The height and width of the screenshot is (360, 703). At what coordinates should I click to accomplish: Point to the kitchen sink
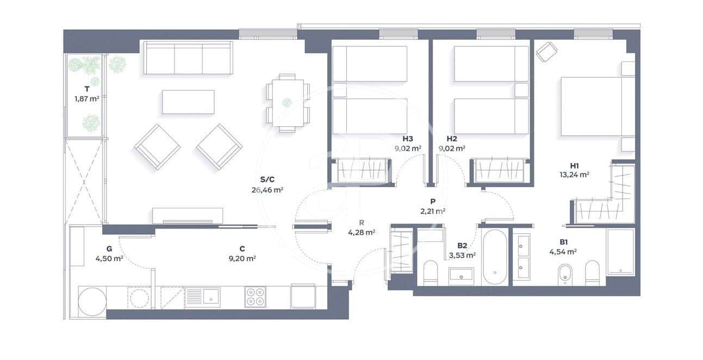coord(202,297)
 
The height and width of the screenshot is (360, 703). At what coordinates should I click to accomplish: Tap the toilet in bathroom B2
coord(431,271)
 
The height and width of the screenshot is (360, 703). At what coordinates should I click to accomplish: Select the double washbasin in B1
coord(525,256)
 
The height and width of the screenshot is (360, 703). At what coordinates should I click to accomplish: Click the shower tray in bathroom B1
coord(620,252)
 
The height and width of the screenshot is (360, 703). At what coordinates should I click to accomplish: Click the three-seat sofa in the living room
coord(188,59)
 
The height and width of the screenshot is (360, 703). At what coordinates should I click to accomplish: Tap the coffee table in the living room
coord(188,102)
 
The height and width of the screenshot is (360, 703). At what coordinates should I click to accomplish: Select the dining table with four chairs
coord(288,102)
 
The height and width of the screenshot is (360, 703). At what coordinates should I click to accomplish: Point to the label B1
coord(563,243)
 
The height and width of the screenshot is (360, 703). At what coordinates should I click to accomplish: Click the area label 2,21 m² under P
coord(433,210)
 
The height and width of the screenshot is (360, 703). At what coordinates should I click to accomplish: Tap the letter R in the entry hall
coord(361,222)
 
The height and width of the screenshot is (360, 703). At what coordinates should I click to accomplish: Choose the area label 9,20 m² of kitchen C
coord(242,259)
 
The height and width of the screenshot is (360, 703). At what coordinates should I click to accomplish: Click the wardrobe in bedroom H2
coord(500,170)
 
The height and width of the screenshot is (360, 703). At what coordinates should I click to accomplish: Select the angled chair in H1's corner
coord(546,53)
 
